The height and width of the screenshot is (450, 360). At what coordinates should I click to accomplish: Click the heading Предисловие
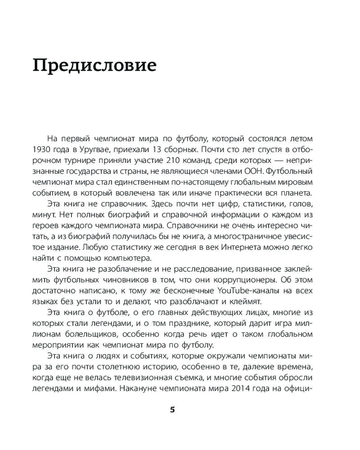click(94, 66)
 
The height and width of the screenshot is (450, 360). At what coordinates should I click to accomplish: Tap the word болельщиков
click(102, 335)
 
